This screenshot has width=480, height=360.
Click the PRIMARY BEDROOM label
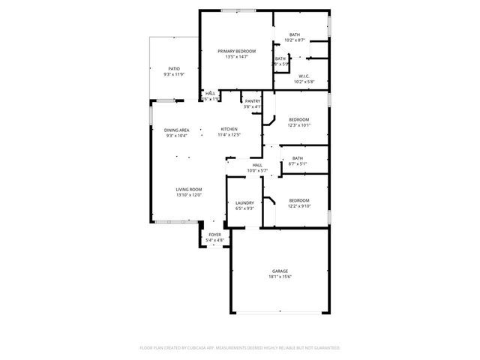point(236,51)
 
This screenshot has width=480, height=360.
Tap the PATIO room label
point(173,68)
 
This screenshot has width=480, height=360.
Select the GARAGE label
point(280,271)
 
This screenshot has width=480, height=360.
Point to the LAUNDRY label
point(244,202)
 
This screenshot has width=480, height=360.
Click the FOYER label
point(215,235)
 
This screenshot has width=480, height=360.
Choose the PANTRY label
point(252,101)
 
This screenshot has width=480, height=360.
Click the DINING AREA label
point(177,130)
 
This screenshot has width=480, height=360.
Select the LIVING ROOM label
point(190,189)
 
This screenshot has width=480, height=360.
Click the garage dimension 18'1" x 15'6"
point(280,277)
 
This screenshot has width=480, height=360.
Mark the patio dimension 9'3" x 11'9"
point(173,74)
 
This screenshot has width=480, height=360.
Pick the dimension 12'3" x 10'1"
point(298,125)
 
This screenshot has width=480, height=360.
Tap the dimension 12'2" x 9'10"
point(299,206)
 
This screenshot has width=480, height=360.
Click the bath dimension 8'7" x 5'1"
point(298,163)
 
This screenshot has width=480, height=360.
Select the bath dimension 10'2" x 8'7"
point(295,40)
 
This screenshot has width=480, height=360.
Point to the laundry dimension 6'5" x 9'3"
point(244,208)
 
